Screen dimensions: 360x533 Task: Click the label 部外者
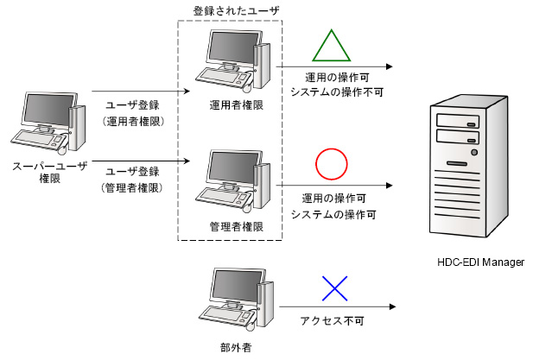tap(231, 349)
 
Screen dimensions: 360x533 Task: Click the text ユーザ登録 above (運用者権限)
tap(128, 105)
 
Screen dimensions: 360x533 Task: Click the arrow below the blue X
tap(337, 307)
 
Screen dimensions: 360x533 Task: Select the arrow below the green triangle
tap(337, 66)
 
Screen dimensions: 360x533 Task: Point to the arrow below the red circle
tap(337, 185)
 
